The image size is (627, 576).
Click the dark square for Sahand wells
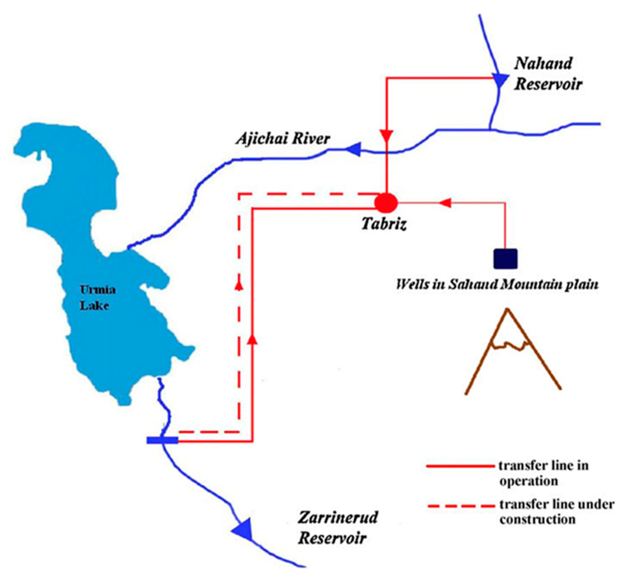coord(505,258)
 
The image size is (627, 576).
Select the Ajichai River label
coord(283,139)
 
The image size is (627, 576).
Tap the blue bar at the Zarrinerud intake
coord(163,440)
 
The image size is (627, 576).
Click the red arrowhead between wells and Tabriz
coord(445,203)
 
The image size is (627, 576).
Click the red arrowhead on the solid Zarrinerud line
coord(253,339)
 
